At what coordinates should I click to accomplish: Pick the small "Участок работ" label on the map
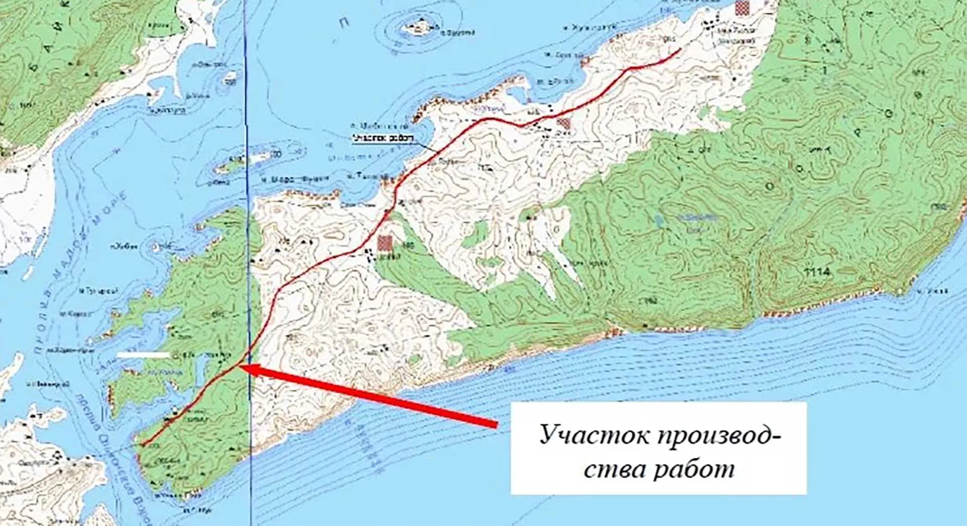383,138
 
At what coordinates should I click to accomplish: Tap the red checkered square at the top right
741,8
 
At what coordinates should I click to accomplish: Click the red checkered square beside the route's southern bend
385,243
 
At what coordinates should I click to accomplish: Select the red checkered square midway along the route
564,123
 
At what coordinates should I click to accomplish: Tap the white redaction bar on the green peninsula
144,355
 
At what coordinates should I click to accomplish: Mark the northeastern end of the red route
680,49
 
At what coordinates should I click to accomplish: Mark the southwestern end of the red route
142,445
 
